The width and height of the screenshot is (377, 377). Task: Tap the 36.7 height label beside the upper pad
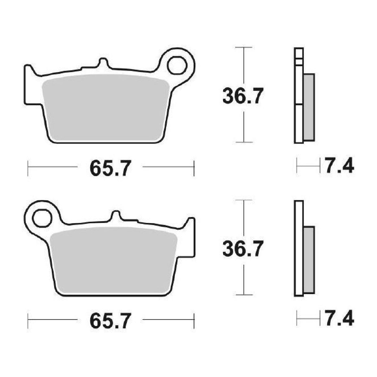tap(243, 96)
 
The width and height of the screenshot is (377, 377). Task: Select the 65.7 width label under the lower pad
tap(110, 321)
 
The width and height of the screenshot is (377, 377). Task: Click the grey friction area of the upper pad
tap(106, 107)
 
